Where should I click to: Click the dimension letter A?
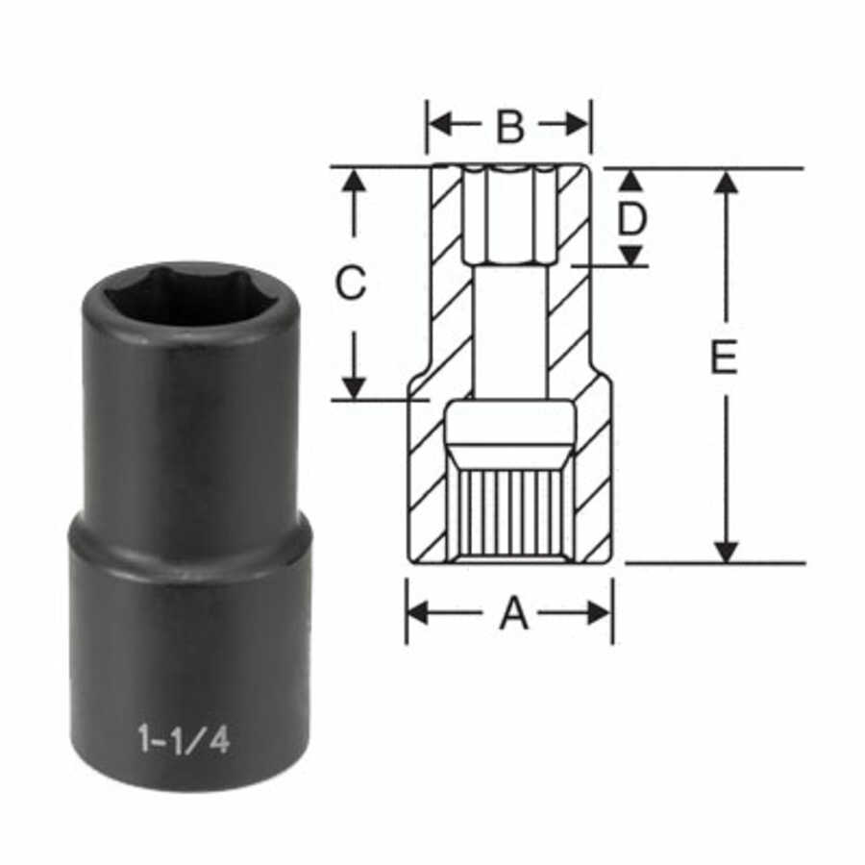click(x=513, y=612)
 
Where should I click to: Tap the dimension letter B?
click(x=509, y=125)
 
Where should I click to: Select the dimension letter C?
click(x=352, y=284)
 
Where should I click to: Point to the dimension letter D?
click(x=631, y=219)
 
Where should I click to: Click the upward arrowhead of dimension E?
click(x=727, y=182)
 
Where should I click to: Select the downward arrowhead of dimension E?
click(x=727, y=551)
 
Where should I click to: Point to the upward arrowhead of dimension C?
click(x=355, y=181)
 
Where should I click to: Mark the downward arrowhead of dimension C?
click(x=355, y=386)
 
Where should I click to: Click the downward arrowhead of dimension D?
click(x=630, y=255)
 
